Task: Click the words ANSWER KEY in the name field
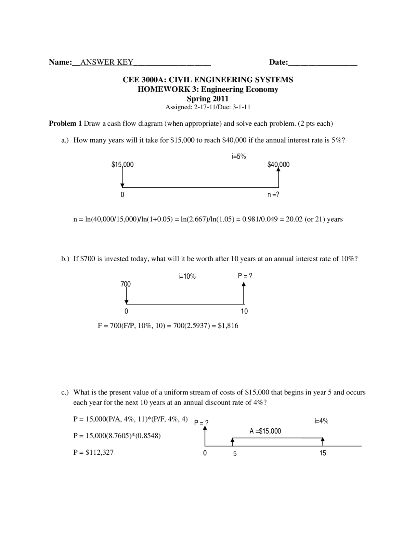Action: pos(107,62)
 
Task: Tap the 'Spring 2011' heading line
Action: pos(208,99)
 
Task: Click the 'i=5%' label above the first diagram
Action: pos(239,157)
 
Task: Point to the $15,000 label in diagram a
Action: pos(123,165)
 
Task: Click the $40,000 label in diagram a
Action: pos(278,165)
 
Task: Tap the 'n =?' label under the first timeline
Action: pos(273,195)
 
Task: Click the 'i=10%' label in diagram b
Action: pos(187,277)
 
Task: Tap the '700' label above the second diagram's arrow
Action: pos(126,284)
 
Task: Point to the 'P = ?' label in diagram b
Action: pos(245,276)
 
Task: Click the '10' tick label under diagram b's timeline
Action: pos(244,311)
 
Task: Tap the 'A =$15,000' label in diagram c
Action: pos(265,431)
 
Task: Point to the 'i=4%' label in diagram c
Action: pos(321,421)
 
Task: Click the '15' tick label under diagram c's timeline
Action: pos(323,453)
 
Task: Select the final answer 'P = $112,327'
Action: pos(94,452)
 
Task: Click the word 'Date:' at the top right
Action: pos(279,62)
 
